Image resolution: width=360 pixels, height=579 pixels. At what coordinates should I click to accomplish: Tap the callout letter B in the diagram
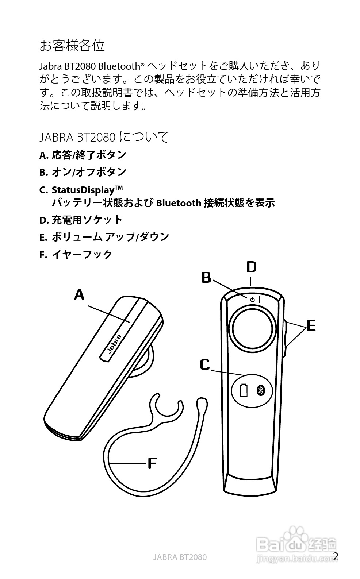point(206,278)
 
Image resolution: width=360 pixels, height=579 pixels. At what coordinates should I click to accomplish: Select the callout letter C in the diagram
point(205,364)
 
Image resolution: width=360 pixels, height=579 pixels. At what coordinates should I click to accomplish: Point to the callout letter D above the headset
point(251,267)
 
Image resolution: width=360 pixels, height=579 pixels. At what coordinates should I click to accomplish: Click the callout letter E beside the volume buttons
point(311,325)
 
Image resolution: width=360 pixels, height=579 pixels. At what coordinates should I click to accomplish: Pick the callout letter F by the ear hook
point(152,464)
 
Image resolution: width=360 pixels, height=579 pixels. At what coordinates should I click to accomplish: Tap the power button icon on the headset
point(252,300)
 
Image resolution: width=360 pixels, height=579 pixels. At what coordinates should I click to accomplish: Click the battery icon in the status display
point(244,390)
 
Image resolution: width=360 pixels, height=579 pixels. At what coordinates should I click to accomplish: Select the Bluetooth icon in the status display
point(260,390)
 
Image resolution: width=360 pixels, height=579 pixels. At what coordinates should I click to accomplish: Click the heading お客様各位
point(72,46)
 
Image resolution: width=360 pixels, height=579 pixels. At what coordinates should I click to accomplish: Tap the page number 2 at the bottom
point(336,556)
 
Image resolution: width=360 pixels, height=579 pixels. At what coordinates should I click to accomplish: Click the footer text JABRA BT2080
point(180,557)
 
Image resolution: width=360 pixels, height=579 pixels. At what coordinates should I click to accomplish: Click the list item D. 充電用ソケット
point(81,220)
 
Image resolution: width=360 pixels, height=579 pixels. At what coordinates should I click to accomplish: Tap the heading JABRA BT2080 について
point(104,137)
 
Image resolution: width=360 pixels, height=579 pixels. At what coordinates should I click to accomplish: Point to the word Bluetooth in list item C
point(179,203)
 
